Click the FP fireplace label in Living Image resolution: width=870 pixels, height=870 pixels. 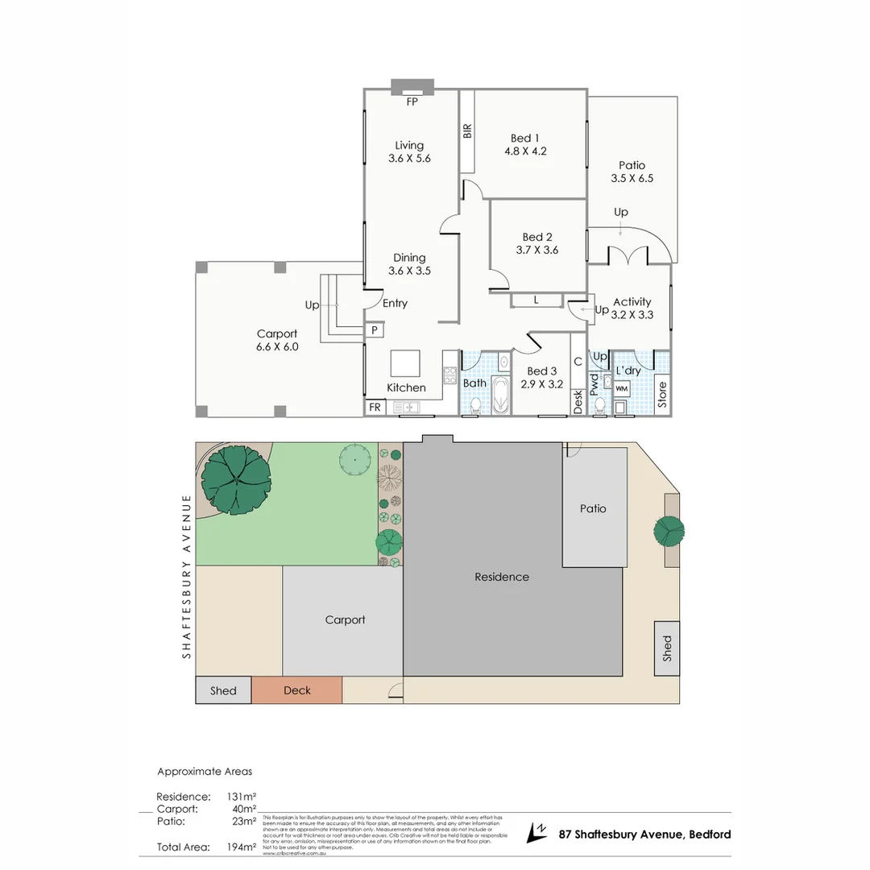coord(412,101)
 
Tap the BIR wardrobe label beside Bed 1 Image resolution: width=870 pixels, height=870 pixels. coord(467,131)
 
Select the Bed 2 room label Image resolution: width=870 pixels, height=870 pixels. coord(537,243)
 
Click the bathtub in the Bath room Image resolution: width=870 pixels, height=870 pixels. coord(500,396)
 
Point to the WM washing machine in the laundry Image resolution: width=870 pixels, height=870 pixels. coord(621,388)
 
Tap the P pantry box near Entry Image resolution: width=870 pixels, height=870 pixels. coord(374,330)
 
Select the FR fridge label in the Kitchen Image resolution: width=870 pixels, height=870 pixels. coord(375,408)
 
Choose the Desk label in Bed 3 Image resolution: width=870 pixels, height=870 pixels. coord(578,402)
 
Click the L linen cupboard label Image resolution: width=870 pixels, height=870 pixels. coord(536,300)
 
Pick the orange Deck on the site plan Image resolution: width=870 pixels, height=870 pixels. coord(297,690)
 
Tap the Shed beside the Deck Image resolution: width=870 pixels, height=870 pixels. coord(223,690)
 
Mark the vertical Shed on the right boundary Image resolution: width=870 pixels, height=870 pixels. coord(666,648)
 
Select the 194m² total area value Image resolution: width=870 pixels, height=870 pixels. coord(242,847)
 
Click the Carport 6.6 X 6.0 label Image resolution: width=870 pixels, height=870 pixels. coord(277,340)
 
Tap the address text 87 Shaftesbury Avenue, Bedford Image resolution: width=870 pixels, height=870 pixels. coord(644,835)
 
